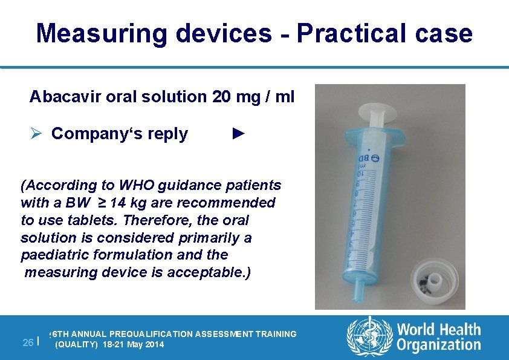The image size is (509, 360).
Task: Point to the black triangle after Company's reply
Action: (x=239, y=133)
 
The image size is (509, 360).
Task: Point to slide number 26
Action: (x=27, y=342)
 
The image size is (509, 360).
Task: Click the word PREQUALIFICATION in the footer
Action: (x=160, y=334)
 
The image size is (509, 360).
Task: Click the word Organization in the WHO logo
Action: (x=439, y=345)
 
